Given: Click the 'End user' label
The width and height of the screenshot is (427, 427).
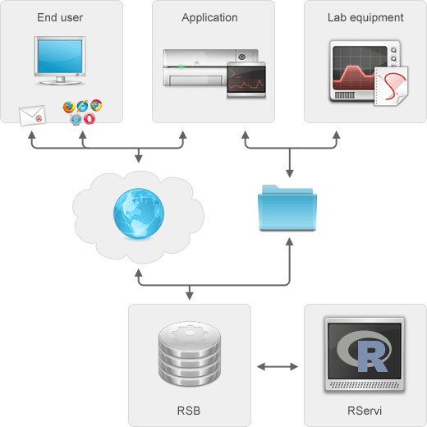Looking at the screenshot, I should [60, 17].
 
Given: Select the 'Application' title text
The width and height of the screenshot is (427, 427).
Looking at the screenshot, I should [209, 17].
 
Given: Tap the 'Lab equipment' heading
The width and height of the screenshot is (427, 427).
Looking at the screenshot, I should [365, 17].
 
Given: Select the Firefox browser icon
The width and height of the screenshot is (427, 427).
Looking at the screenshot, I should [69, 107].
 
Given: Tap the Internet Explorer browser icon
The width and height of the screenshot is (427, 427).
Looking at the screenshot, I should [82, 107].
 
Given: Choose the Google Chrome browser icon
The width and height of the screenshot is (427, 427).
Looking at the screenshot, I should [96, 105].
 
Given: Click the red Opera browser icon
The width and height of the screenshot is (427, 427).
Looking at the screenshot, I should [89, 118].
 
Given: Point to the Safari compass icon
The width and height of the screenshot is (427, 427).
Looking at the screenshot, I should [76, 119].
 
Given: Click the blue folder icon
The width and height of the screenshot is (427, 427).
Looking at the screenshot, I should [288, 208].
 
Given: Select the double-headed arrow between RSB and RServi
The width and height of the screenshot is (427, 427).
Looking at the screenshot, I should [278, 365].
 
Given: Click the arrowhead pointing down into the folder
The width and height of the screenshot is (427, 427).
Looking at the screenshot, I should [289, 174].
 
